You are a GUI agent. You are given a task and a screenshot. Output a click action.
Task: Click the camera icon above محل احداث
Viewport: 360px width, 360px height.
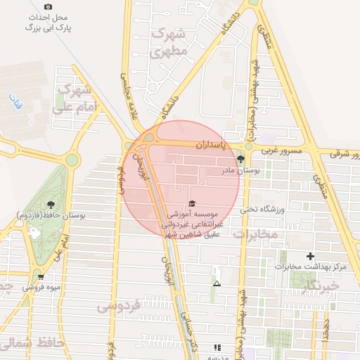point(48,6)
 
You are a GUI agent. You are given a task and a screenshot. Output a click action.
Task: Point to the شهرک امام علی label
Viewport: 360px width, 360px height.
point(75,98)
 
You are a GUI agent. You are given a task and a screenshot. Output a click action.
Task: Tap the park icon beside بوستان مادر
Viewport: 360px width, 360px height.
point(240,158)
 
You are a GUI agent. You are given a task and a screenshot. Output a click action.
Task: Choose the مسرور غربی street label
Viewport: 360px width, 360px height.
point(282,150)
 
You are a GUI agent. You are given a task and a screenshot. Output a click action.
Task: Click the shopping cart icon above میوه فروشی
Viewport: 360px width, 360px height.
point(41,276)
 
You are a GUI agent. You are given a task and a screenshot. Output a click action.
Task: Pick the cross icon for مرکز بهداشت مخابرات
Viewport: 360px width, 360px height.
point(310,257)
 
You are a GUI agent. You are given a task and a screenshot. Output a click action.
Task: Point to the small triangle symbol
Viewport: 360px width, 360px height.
point(217,283)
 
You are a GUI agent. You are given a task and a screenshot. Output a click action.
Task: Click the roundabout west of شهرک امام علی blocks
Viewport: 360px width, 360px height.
point(71,160)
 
